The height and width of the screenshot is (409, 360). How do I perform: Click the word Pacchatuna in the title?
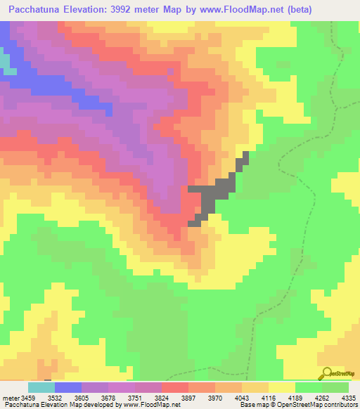(32, 9)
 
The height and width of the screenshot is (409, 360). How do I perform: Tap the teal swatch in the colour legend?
(41, 388)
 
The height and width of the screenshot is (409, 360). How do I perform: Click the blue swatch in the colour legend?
(67, 388)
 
